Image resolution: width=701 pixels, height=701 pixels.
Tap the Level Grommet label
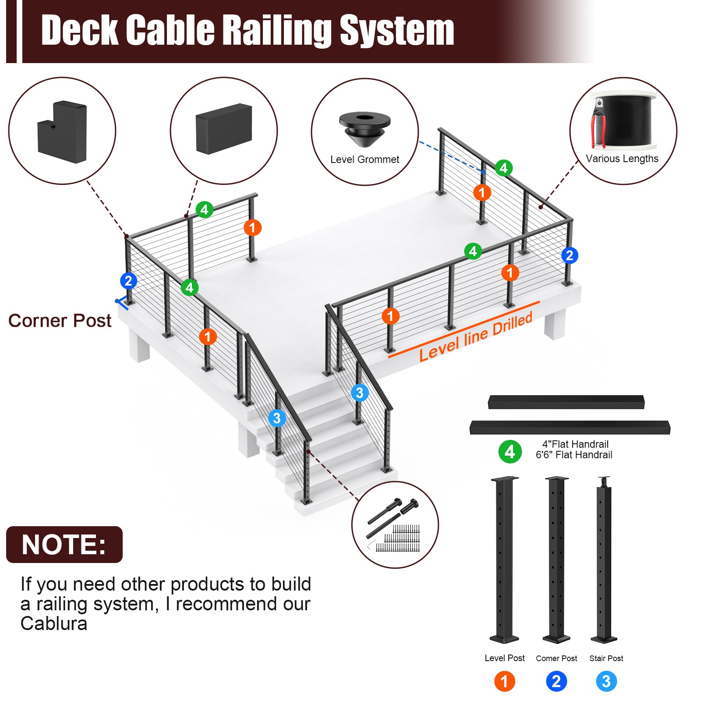[365, 159]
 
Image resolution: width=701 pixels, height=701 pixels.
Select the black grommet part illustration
[365, 128]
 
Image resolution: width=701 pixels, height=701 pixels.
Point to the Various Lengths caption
[622, 159]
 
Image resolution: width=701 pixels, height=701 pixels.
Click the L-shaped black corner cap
[62, 131]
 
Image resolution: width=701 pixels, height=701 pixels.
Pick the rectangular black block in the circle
[224, 128]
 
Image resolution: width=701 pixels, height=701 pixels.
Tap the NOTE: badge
[64, 545]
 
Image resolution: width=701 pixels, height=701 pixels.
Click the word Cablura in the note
[54, 623]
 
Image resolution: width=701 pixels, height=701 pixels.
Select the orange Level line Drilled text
[475, 336]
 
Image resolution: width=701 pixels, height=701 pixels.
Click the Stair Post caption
[606, 658]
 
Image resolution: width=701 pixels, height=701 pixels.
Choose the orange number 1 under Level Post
[504, 681]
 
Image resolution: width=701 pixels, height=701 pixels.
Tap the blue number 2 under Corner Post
[556, 681]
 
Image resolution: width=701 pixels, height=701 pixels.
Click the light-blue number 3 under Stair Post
[606, 681]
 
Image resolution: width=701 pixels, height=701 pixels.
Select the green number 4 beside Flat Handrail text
[510, 452]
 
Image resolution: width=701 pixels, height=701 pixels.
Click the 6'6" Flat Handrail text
[574, 455]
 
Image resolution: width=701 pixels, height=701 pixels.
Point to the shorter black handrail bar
[566, 402]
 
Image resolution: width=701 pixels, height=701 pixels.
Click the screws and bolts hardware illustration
[394, 525]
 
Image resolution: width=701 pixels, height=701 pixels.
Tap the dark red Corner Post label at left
[60, 321]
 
